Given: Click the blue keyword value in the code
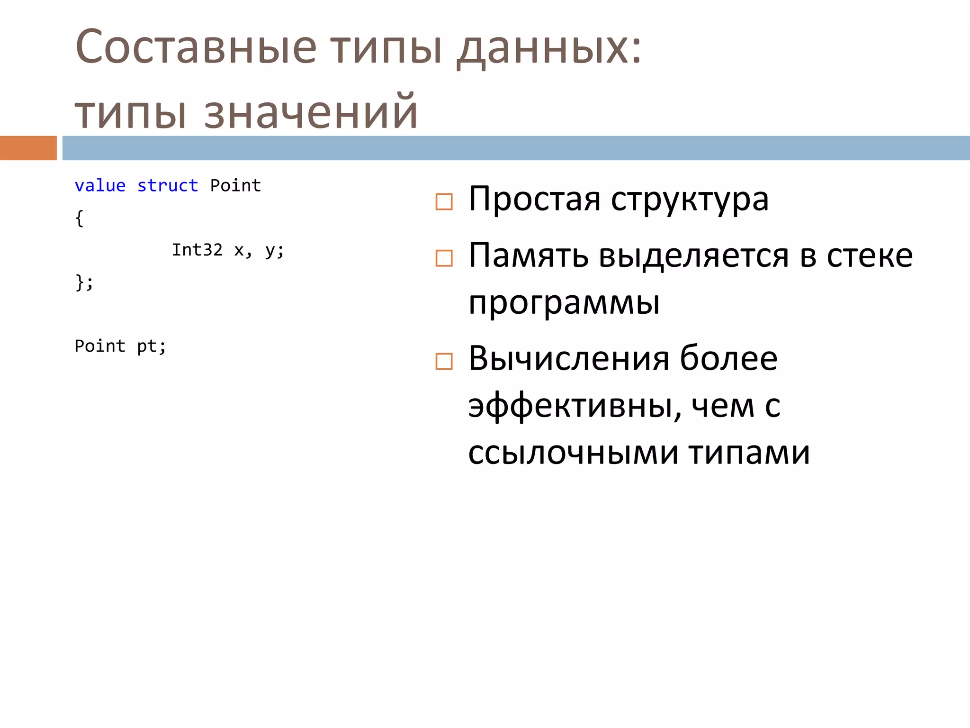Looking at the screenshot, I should [x=100, y=186].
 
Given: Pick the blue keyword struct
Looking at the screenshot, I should [x=168, y=186].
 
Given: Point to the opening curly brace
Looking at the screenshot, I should [x=80, y=218].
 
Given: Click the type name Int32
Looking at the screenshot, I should [x=197, y=250].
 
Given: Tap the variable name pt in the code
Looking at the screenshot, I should [x=147, y=346].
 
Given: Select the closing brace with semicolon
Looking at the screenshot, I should [x=84, y=282].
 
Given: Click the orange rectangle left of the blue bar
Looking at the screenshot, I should [x=28, y=148].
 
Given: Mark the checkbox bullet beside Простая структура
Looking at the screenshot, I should [x=444, y=202].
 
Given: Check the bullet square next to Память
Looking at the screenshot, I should [x=444, y=258].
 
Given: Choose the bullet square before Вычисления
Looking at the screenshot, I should [x=444, y=362].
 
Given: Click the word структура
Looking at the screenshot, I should [x=690, y=200].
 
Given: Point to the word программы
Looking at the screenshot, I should [x=564, y=302].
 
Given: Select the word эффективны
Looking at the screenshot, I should [x=574, y=406].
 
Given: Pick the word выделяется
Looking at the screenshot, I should [x=693, y=256].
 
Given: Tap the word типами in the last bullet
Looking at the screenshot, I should [x=749, y=453].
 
